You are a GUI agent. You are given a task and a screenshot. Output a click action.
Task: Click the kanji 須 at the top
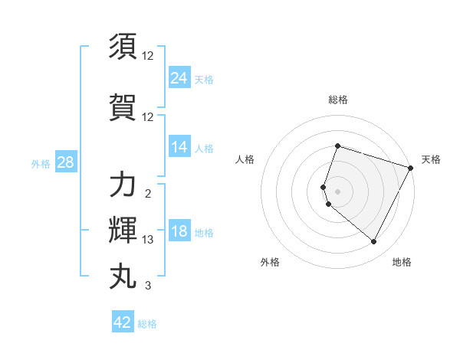pyautogui.click(x=123, y=47)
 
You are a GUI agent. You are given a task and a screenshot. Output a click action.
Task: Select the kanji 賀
pyautogui.click(x=123, y=107)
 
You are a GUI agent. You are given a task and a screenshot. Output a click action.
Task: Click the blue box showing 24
pyautogui.click(x=179, y=77)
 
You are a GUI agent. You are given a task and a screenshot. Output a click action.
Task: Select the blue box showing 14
pyautogui.click(x=179, y=147)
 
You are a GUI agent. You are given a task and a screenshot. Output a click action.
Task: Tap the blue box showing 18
pyautogui.click(x=179, y=232)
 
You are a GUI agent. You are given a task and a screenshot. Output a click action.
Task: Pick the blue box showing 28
pyautogui.click(x=65, y=162)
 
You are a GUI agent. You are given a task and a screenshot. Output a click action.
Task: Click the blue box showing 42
pyautogui.click(x=123, y=322)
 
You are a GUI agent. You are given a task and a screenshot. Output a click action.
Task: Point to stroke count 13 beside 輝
pyautogui.click(x=148, y=241)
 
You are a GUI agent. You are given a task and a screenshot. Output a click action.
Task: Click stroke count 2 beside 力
pyautogui.click(x=148, y=195)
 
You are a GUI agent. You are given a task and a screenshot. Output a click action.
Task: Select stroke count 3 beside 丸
pyautogui.click(x=148, y=286)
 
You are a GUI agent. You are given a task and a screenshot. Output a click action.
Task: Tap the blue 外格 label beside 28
pyautogui.click(x=40, y=163)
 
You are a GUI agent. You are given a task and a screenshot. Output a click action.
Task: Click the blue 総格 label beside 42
pyautogui.click(x=147, y=324)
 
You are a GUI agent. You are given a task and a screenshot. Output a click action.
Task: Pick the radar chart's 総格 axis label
pyautogui.click(x=337, y=100)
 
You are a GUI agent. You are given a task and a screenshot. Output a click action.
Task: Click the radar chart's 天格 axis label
pyautogui.click(x=431, y=159)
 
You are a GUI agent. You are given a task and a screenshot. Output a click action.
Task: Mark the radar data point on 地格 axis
pyautogui.click(x=374, y=242)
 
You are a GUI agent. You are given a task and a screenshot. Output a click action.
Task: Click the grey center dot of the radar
pyautogui.click(x=337, y=191)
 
